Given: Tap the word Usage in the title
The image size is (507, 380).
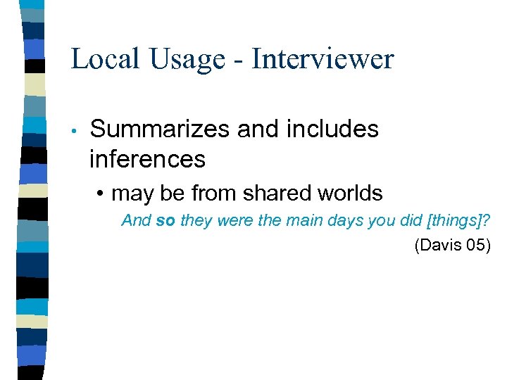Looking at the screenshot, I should pos(185,59).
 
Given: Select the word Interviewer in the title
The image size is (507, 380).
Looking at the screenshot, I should pos(323,59).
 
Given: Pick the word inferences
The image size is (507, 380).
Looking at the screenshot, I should pos(147,160).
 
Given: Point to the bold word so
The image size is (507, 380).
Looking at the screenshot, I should pos(165,221).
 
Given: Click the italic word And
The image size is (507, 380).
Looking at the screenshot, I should pos(137,221).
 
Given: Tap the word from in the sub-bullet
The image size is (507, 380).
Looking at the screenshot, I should pos(204,193).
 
